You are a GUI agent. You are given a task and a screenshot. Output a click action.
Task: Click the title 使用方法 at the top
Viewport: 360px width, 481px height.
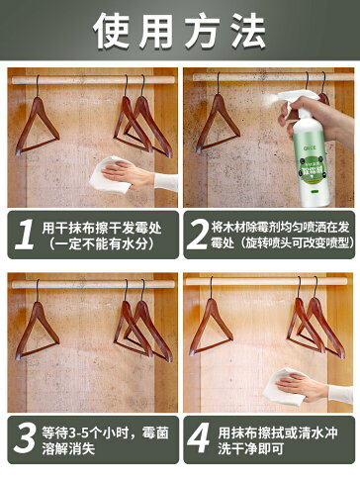click(x=179, y=31)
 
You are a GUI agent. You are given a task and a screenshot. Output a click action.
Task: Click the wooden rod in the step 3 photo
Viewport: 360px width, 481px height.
click(x=89, y=283)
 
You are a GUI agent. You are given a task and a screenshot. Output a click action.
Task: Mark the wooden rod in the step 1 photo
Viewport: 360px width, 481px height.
click(x=89, y=76)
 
